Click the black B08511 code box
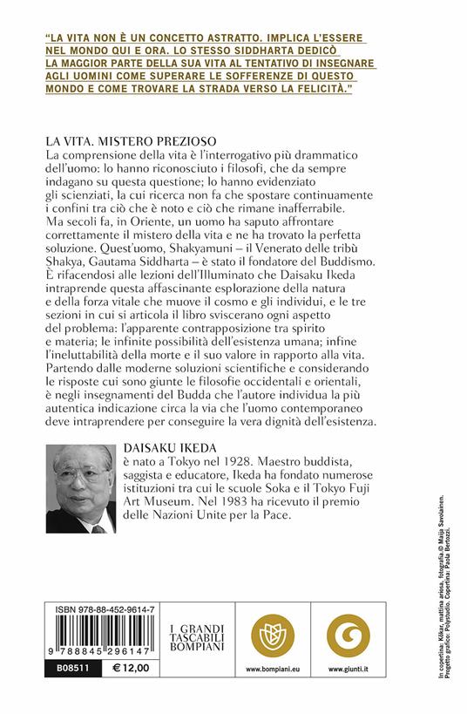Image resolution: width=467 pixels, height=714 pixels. coord(67,665)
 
